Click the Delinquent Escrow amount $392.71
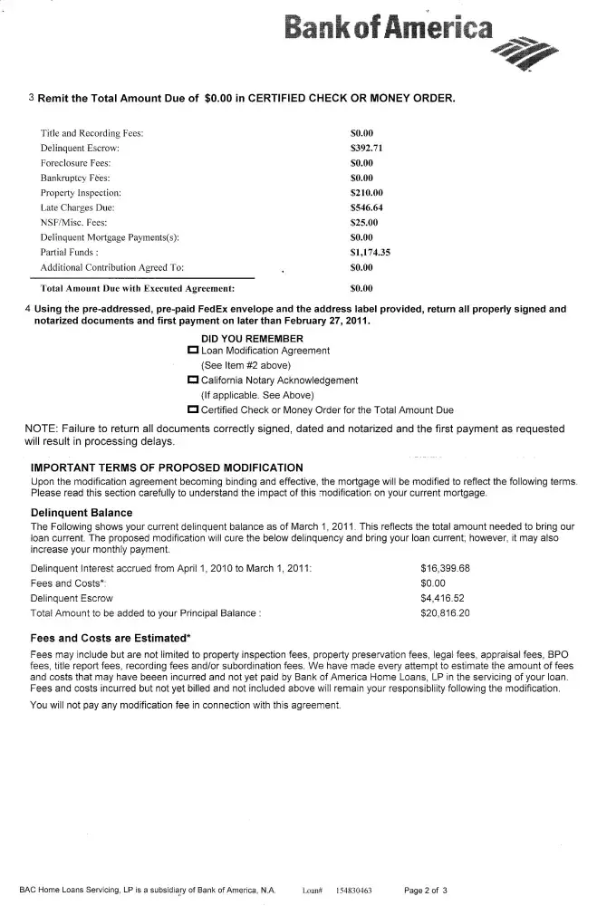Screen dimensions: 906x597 pyautogui.click(x=367, y=148)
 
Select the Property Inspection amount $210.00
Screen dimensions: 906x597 pyautogui.click(x=367, y=193)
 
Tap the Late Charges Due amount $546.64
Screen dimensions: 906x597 pyautogui.click(x=367, y=207)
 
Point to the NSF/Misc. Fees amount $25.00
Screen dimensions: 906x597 pyautogui.click(x=364, y=223)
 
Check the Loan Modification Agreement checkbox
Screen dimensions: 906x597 pyautogui.click(x=192, y=350)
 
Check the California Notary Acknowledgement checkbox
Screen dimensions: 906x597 pyautogui.click(x=192, y=381)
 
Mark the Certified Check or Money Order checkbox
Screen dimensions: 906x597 pyautogui.click(x=192, y=410)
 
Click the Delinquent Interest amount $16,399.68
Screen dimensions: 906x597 pyautogui.click(x=446, y=568)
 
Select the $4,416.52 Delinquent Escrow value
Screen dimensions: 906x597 pyautogui.click(x=442, y=598)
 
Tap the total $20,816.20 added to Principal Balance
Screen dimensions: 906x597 pyautogui.click(x=446, y=613)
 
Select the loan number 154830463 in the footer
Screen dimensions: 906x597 pyautogui.click(x=354, y=891)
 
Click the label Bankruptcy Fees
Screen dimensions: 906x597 pyautogui.click(x=75, y=178)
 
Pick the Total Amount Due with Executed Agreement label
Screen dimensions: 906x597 pyautogui.click(x=131, y=289)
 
